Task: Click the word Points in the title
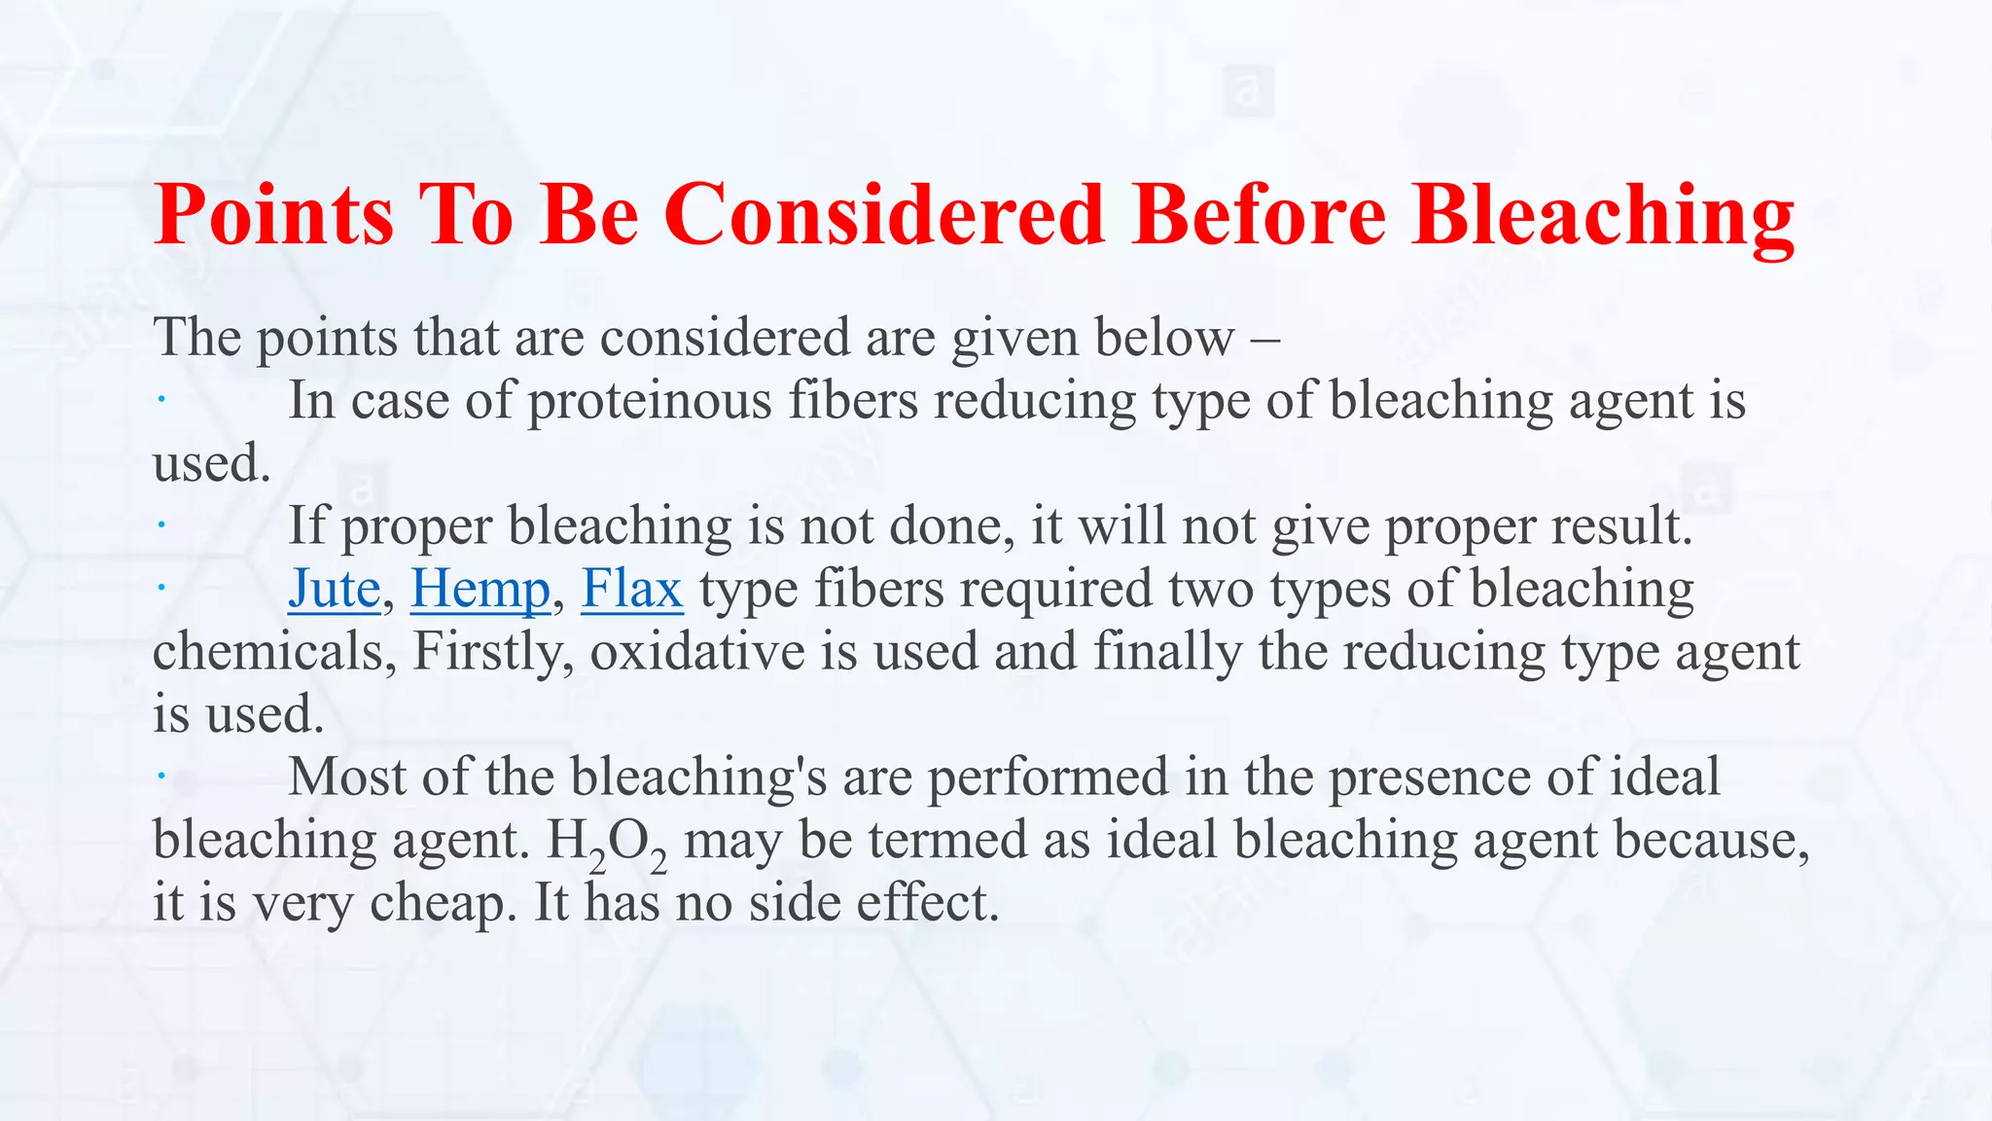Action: (274, 214)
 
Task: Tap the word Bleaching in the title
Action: (1603, 216)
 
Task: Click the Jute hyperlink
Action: (334, 590)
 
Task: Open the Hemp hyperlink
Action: (480, 590)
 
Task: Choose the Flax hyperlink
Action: (632, 590)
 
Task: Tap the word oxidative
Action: (697, 651)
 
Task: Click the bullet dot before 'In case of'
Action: (161, 399)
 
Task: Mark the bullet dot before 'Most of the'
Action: (161, 776)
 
